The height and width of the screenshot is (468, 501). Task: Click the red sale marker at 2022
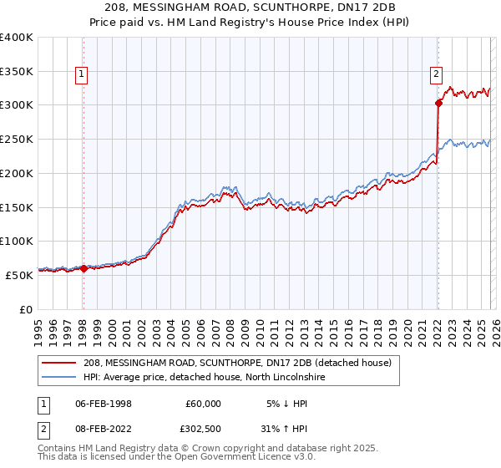click(x=438, y=104)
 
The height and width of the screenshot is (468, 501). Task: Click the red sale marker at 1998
click(x=83, y=268)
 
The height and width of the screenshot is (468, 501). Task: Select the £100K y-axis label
click(x=16, y=241)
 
